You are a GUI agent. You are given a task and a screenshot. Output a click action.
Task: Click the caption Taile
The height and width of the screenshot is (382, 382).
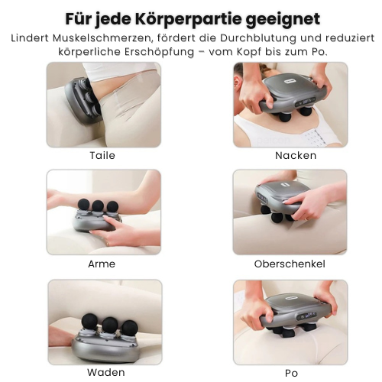tap(102, 155)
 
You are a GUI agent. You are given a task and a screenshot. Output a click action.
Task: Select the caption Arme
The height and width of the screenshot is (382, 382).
tap(102, 264)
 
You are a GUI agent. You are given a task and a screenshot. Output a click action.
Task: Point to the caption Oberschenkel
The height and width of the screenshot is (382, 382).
tap(290, 264)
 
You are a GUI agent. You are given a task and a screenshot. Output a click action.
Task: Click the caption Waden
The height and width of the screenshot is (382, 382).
tap(105, 372)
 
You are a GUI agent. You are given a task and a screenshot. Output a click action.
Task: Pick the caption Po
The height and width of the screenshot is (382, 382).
tap(291, 372)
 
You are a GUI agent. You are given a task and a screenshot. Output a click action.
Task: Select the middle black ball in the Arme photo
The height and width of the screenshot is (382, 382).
tap(99, 207)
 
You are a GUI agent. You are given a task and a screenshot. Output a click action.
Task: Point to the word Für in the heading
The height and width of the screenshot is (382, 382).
tap(78, 18)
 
